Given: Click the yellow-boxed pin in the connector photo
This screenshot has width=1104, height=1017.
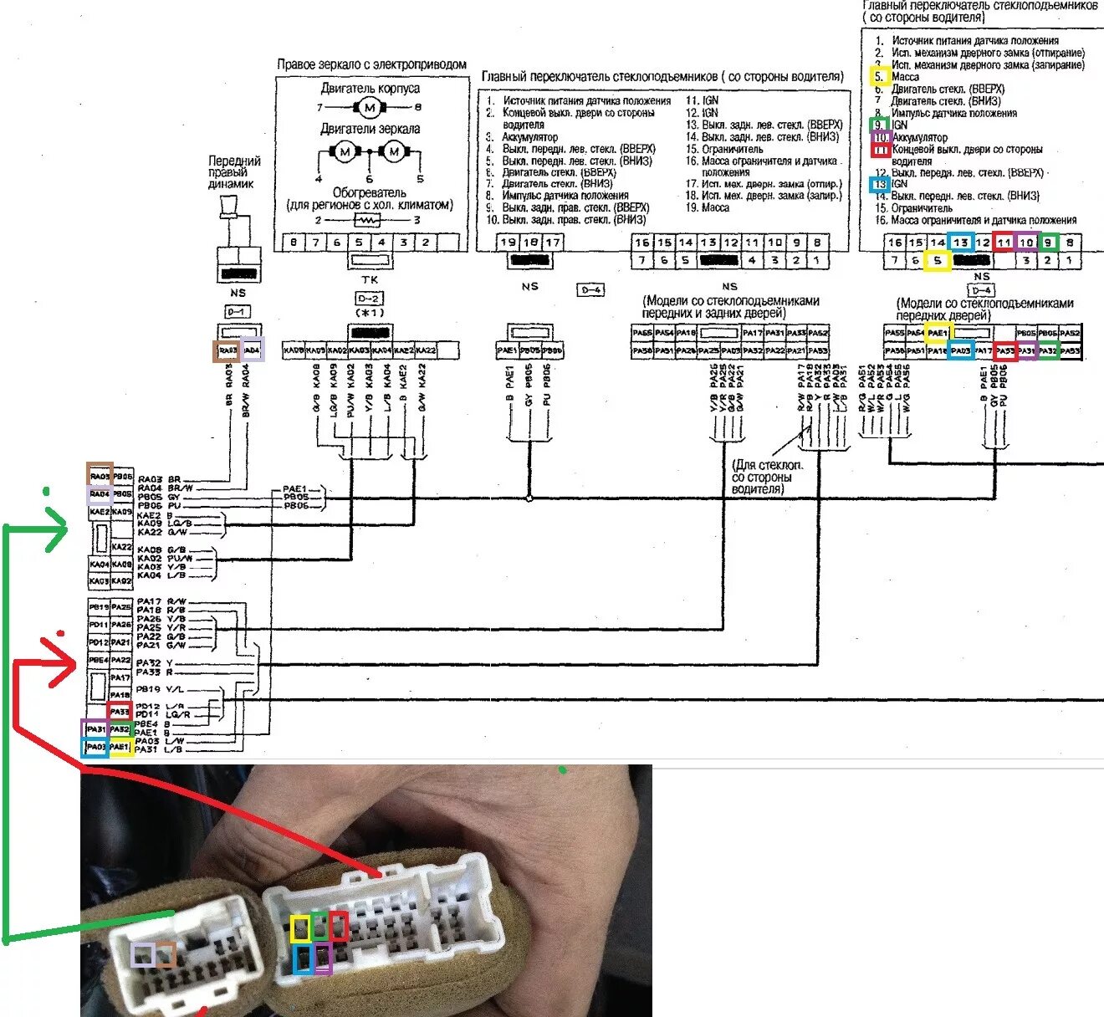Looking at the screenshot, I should tap(299, 928).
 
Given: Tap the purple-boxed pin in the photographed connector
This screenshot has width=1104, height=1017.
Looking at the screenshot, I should tap(323, 958).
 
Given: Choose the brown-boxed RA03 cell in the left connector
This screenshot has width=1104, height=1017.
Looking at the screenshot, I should tap(100, 476).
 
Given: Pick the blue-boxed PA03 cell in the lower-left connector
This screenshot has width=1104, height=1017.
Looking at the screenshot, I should tap(95, 747).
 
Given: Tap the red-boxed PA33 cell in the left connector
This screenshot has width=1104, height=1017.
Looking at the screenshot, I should tap(120, 712).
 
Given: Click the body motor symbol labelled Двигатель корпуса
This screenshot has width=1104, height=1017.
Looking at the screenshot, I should tap(369, 107).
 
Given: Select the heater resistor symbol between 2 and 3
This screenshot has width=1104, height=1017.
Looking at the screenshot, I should tap(368, 220).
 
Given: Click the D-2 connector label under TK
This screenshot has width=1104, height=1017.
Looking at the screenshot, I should tap(369, 299).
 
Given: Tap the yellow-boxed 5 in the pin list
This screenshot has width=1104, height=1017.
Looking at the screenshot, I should tap(878, 77).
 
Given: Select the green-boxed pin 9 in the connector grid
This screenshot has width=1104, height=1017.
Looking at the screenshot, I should tap(1047, 243).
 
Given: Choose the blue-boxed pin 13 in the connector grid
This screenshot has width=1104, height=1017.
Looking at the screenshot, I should tap(960, 243).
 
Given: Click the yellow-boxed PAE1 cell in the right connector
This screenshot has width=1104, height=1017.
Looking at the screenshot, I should tap(938, 333).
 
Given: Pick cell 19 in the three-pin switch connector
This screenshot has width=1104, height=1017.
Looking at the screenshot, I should tap(509, 243).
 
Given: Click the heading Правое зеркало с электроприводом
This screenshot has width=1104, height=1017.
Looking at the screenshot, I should tap(371, 64).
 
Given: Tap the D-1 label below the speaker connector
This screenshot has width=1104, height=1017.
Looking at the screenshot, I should tap(238, 312).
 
